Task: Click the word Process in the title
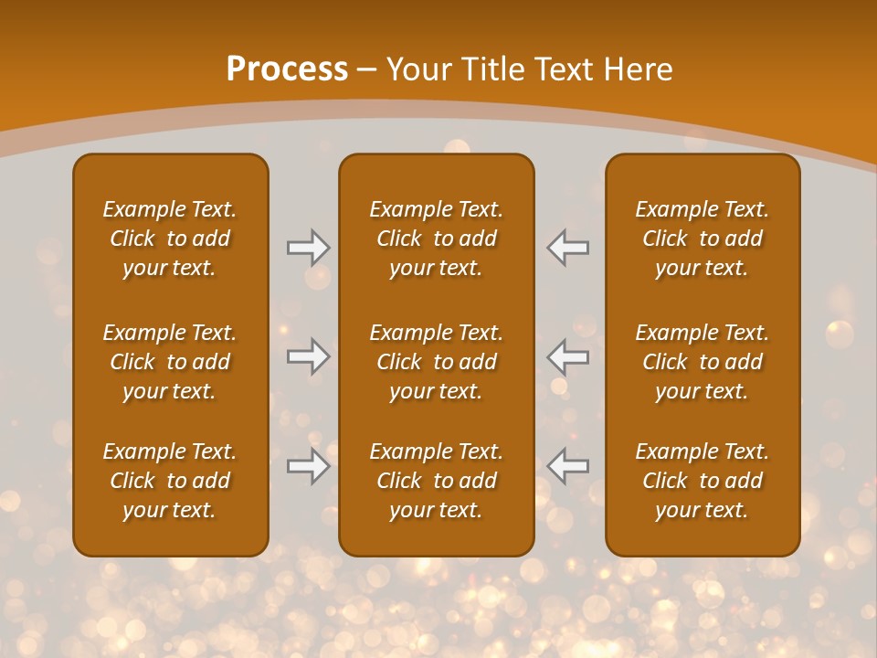click(287, 69)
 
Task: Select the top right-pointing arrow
click(309, 247)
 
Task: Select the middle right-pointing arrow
click(309, 356)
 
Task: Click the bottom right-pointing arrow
click(309, 466)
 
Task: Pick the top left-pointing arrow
click(568, 247)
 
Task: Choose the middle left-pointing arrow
click(568, 356)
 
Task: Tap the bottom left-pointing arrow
click(568, 466)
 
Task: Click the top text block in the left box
click(170, 239)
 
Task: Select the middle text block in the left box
click(170, 362)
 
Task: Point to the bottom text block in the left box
click(170, 481)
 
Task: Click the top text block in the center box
click(437, 239)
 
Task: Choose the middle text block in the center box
click(437, 362)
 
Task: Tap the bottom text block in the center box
click(437, 481)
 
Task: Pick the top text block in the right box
click(703, 239)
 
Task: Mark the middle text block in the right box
click(703, 362)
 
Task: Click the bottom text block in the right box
click(703, 481)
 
